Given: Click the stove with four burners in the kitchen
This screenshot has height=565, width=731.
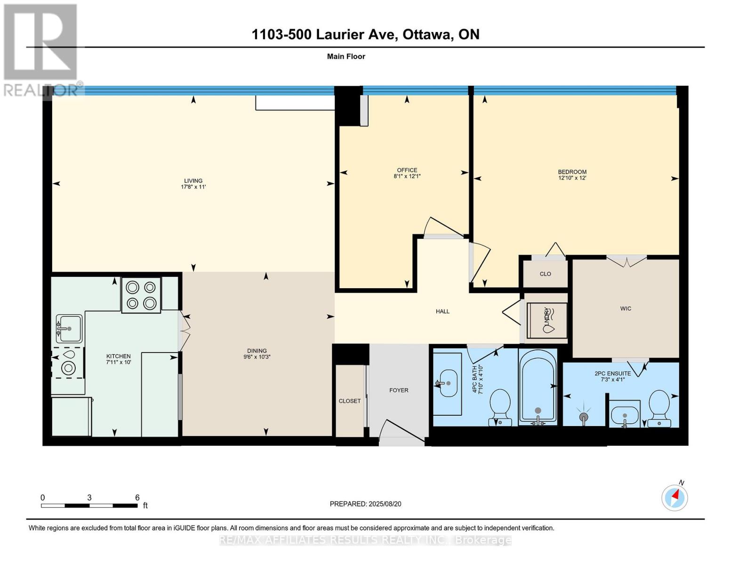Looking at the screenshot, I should click(141, 295).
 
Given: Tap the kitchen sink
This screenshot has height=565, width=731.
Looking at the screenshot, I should click(69, 328).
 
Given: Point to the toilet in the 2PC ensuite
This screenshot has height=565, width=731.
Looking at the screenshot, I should click(659, 408).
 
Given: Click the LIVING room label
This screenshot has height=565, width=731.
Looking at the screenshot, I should click(193, 181).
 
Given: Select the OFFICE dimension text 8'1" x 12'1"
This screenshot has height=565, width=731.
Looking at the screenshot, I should click(407, 177).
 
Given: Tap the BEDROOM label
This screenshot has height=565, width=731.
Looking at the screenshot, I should click(572, 172).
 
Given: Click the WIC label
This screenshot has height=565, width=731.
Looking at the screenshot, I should click(626, 309).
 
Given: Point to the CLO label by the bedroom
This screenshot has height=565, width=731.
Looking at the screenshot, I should click(545, 274).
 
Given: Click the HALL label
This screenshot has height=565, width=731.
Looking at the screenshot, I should click(442, 311).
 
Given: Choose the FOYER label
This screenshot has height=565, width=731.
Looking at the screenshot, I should click(399, 390).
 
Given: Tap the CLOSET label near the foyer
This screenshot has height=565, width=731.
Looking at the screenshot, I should click(350, 401).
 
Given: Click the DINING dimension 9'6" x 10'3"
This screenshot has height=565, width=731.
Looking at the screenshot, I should click(257, 357).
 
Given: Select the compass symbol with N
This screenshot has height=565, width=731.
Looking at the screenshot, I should click(675, 497).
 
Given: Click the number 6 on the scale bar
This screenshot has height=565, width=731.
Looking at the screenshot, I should click(137, 497).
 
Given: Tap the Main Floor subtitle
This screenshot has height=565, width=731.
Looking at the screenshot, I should click(346, 56).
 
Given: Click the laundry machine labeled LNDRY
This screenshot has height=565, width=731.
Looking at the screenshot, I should click(547, 320).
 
